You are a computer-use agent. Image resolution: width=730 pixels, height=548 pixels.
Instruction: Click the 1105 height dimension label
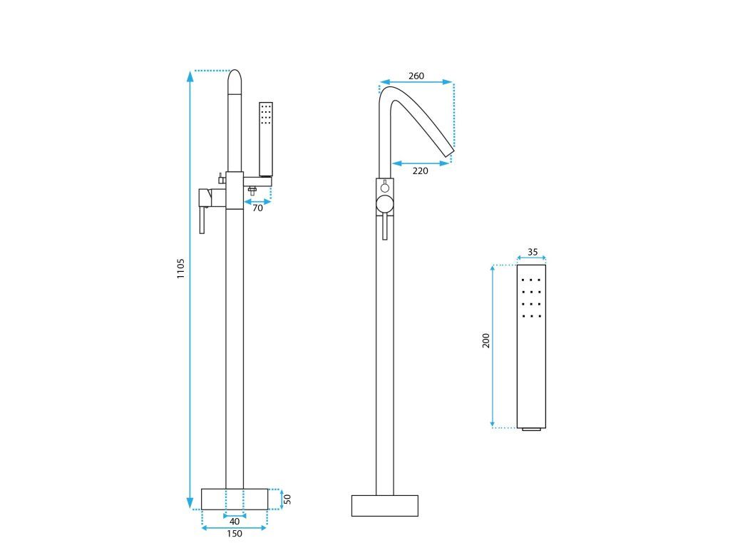click(x=181, y=269)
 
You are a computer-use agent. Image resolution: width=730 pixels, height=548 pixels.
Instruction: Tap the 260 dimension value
click(x=416, y=76)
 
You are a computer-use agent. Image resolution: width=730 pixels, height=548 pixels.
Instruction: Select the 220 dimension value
click(x=421, y=171)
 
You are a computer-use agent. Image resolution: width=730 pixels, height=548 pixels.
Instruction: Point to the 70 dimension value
click(x=257, y=208)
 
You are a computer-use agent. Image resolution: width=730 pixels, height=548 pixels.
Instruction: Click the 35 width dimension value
click(x=533, y=252)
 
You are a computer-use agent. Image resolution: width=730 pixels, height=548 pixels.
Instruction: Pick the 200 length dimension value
click(x=485, y=340)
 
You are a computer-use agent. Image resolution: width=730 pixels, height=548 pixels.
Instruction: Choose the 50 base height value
click(x=288, y=499)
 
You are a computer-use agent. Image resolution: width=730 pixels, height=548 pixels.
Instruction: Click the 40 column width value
click(x=235, y=522)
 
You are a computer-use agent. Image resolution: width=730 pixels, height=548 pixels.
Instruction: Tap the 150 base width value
click(x=235, y=534)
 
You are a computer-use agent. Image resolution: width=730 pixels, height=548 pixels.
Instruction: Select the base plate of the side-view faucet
click(x=385, y=505)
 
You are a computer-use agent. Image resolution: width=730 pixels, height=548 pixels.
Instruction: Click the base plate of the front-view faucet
click(x=235, y=499)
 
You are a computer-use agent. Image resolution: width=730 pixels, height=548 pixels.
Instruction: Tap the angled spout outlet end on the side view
click(x=448, y=151)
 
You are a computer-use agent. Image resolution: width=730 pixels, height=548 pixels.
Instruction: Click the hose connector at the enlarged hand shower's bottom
click(x=531, y=430)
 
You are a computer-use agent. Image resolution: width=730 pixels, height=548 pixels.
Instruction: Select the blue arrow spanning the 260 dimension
click(x=416, y=83)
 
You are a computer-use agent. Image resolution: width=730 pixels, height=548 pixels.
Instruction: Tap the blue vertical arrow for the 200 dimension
click(x=493, y=346)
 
